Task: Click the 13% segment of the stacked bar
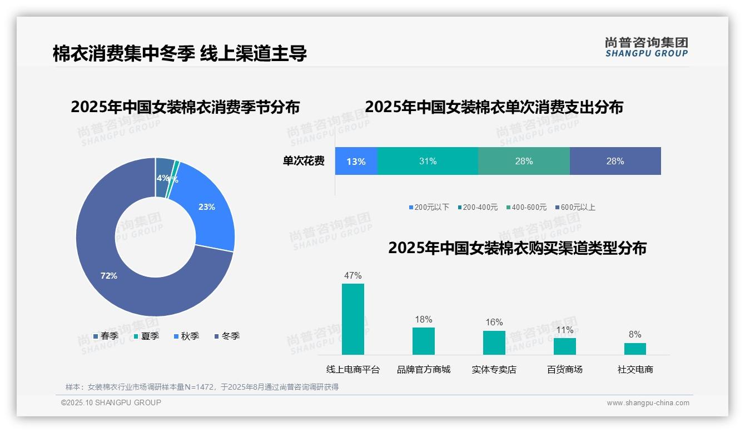pyautogui.click(x=356, y=162)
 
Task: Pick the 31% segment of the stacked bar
pyautogui.click(x=428, y=162)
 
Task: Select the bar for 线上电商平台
pyautogui.click(x=352, y=319)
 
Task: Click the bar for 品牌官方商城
pyautogui.click(x=423, y=341)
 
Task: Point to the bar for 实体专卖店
pyautogui.click(x=494, y=343)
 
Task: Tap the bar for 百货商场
pyautogui.click(x=564, y=346)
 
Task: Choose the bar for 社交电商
pyautogui.click(x=635, y=349)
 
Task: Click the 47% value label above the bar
pyautogui.click(x=352, y=275)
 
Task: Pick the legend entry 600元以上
pyautogui.click(x=575, y=207)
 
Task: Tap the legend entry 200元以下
pyautogui.click(x=429, y=207)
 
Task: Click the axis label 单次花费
pyautogui.click(x=303, y=162)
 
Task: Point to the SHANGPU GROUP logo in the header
pyautogui.click(x=646, y=47)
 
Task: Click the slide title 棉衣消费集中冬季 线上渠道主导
pyautogui.click(x=180, y=53)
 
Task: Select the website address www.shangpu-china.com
pyautogui.click(x=648, y=403)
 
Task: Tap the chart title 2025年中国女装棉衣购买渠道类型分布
pyautogui.click(x=517, y=248)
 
